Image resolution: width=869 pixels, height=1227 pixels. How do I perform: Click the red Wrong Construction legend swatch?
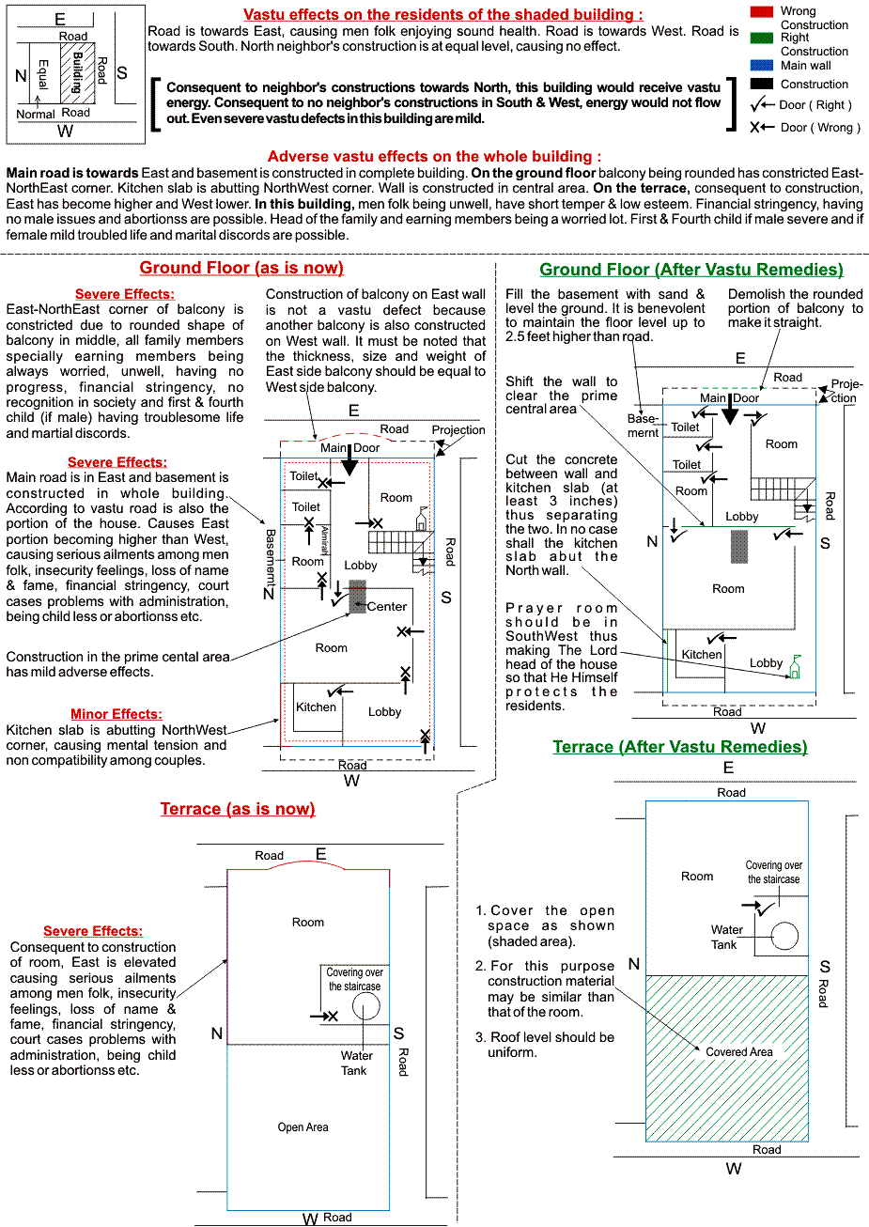[763, 12]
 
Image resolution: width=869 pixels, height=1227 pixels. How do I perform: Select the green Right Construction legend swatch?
[763, 39]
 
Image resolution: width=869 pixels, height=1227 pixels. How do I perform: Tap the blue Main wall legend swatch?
[763, 66]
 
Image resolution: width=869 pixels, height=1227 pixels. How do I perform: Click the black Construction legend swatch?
[763, 84]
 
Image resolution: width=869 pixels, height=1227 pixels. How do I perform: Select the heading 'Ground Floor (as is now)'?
[241, 268]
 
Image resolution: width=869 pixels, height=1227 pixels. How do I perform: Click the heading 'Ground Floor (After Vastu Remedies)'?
[691, 270]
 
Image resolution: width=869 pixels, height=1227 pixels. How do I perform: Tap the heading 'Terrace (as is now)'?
[238, 809]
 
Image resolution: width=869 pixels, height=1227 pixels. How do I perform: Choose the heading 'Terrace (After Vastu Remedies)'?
[679, 747]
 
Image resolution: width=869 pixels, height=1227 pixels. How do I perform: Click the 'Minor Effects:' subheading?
[116, 715]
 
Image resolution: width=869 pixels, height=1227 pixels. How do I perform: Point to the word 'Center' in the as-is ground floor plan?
[387, 606]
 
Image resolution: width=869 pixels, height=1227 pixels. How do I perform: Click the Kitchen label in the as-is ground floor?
[316, 707]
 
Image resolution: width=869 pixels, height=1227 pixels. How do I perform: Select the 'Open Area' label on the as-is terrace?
[303, 1126]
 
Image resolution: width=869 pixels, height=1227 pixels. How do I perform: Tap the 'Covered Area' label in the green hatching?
[738, 1052]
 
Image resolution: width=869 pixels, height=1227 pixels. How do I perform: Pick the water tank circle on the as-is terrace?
[365, 1006]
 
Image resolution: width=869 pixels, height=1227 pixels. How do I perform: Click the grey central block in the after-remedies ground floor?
[739, 546]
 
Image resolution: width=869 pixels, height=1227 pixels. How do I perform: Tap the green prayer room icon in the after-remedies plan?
[796, 667]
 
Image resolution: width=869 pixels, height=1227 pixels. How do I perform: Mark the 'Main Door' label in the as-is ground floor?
[349, 447]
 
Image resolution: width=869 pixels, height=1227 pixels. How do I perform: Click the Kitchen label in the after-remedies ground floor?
[702, 655]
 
